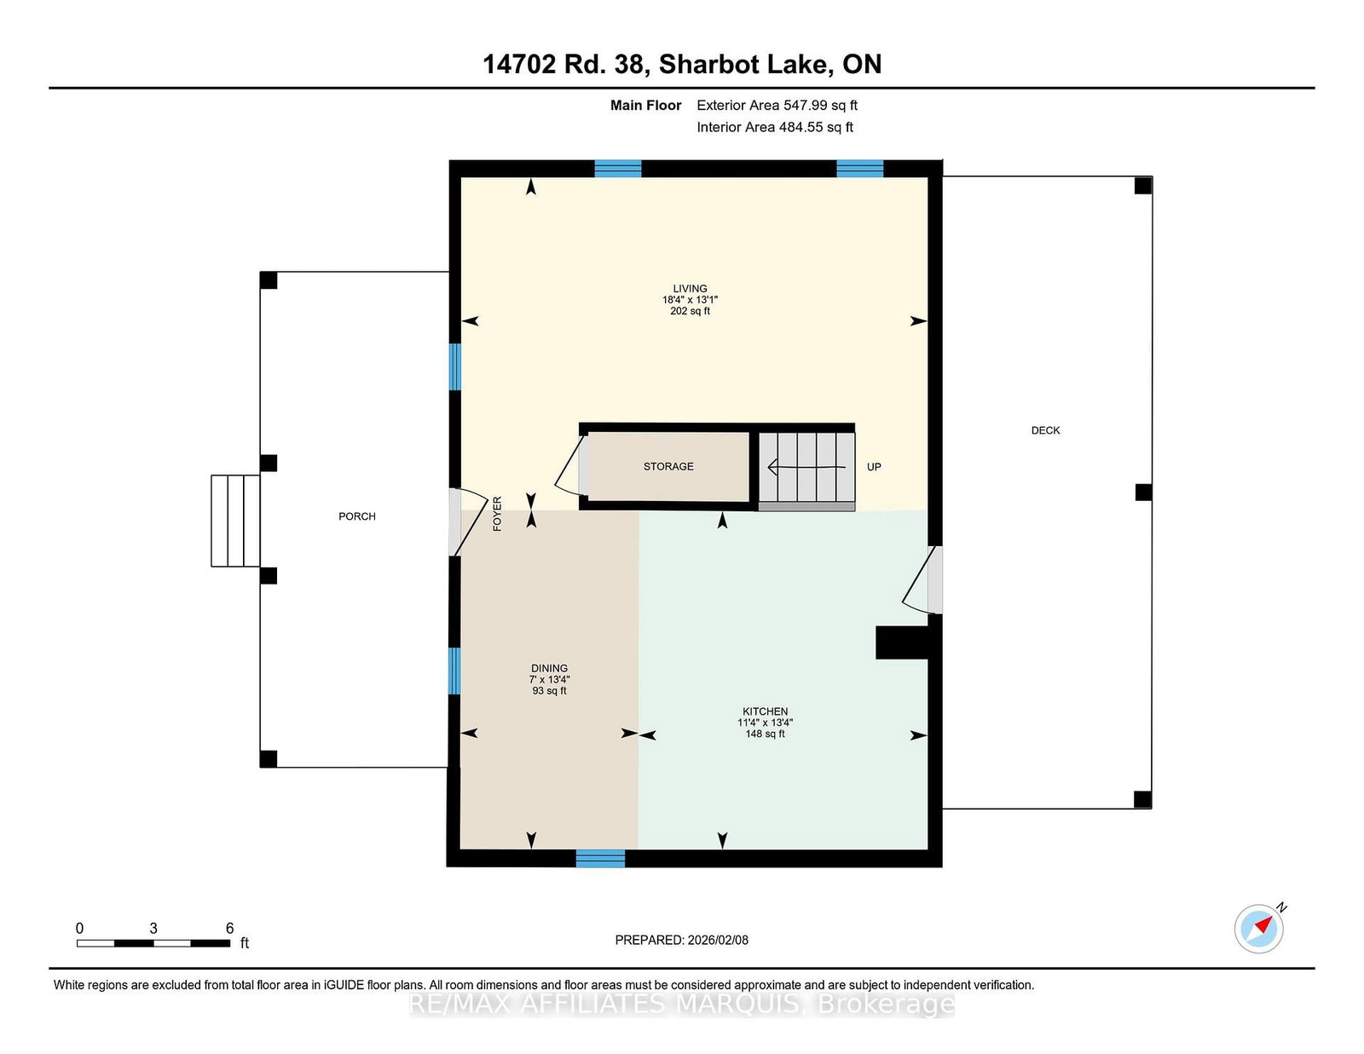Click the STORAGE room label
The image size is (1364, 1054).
tap(668, 466)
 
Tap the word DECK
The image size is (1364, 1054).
tap(1045, 430)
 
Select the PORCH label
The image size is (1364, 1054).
tap(356, 516)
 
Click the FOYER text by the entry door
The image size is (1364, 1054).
tap(497, 514)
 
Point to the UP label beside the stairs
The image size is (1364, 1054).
tap(874, 467)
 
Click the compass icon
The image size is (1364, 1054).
tap(1259, 929)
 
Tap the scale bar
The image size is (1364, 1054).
tap(153, 943)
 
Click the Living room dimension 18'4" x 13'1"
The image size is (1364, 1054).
tap(690, 300)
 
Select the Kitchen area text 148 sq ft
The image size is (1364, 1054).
tap(765, 734)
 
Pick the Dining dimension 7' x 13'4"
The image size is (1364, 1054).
tap(549, 679)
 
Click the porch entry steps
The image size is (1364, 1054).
tap(235, 521)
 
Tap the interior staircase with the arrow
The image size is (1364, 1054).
tap(806, 468)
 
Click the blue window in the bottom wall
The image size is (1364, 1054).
tap(600, 858)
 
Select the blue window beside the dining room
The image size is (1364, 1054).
tap(454, 671)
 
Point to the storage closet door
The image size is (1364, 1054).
tap(571, 467)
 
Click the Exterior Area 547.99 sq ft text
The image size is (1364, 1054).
tap(777, 106)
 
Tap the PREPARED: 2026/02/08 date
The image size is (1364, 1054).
tap(681, 940)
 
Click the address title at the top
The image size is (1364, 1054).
tap(682, 64)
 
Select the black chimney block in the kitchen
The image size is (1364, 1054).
tap(902, 642)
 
